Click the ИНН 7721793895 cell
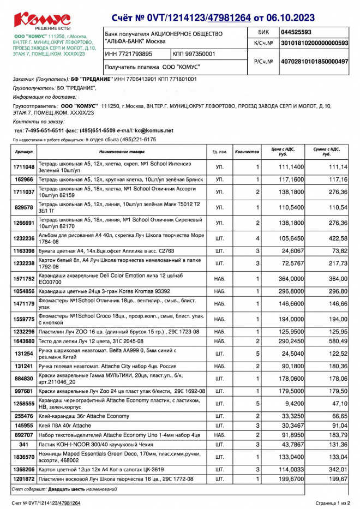point(129,54)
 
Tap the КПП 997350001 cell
point(194,54)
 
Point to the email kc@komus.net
point(154,131)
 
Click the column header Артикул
point(25,151)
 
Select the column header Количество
point(247,151)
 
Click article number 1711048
point(25,166)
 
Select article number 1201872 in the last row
point(25,478)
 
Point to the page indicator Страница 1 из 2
point(333,502)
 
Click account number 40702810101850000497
point(314,62)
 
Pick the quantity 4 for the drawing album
point(257,238)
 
